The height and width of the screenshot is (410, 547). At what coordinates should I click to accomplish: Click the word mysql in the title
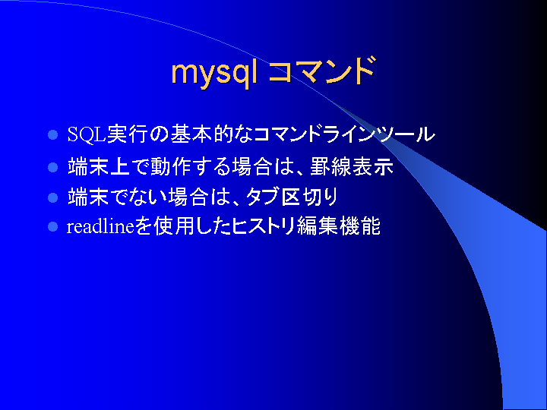point(214,74)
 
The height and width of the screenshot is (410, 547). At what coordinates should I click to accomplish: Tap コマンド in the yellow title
point(322,71)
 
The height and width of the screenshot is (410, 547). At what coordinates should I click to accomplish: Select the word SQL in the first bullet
point(87,134)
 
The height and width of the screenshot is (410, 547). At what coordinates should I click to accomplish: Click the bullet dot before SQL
point(52,134)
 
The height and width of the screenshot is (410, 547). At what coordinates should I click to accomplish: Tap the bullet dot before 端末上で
point(52,167)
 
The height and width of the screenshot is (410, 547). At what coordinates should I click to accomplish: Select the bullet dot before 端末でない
point(52,197)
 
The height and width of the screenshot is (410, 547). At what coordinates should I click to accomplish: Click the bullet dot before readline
point(52,227)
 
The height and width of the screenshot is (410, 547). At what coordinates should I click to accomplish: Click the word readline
point(100,226)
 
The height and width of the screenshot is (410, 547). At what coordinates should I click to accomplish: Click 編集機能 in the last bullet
point(338,226)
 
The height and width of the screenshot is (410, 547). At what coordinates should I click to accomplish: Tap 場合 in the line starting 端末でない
point(188,197)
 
